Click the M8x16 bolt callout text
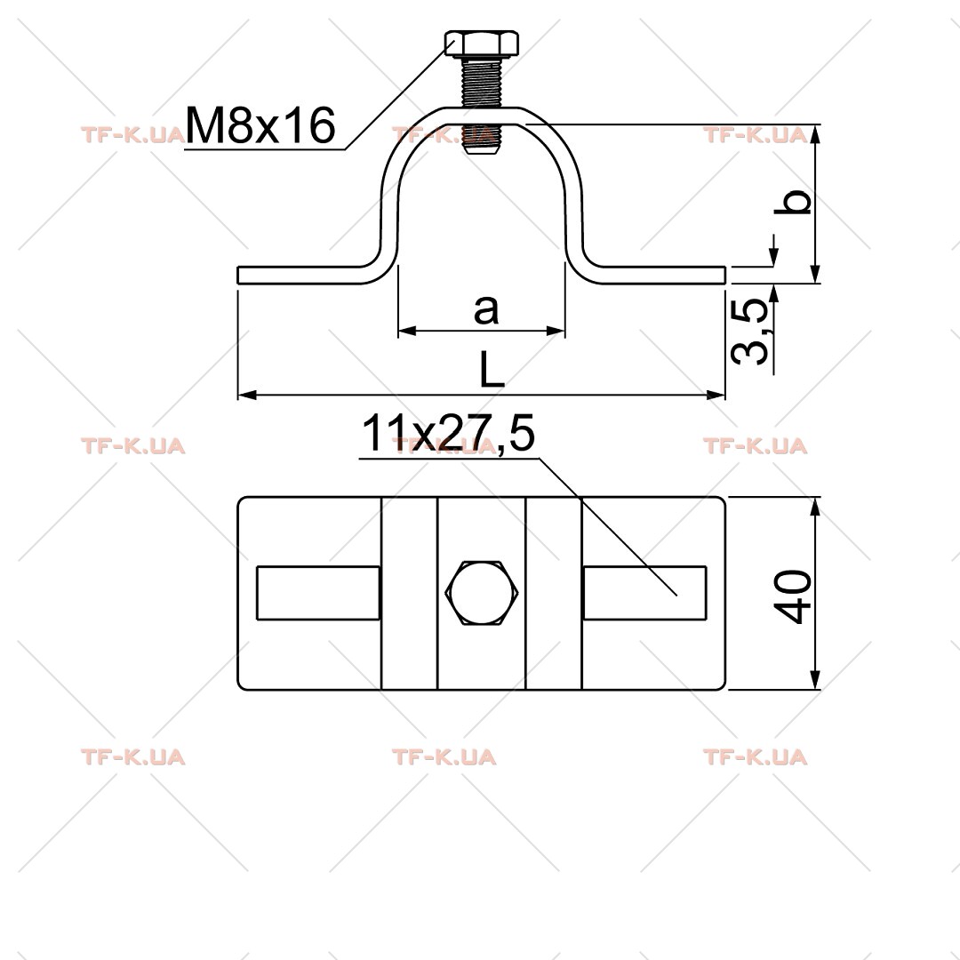pos(260,125)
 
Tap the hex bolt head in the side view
pos(482,44)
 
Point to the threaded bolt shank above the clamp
pos(482,84)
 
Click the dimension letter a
pos(486,309)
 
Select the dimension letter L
pos(492,370)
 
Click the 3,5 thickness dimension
pos(750,332)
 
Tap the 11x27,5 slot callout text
pos(448,433)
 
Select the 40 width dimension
pos(793,597)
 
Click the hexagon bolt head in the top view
pos(482,593)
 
